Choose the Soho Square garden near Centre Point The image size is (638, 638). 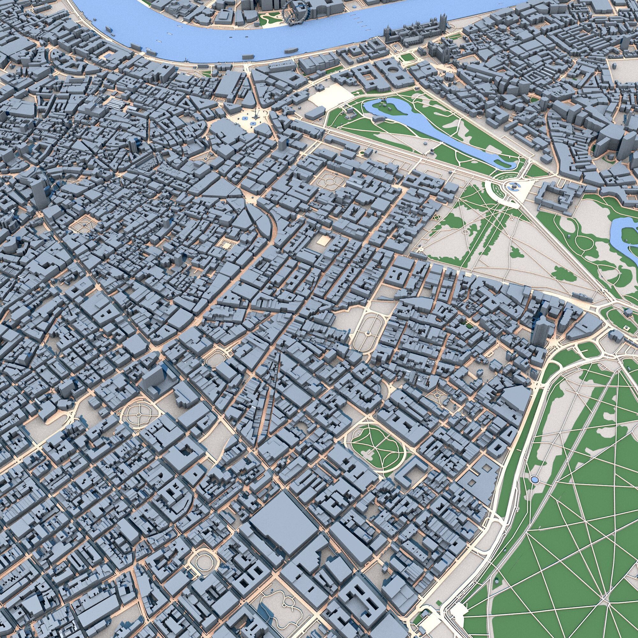82,224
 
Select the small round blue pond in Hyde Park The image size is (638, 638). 534,479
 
